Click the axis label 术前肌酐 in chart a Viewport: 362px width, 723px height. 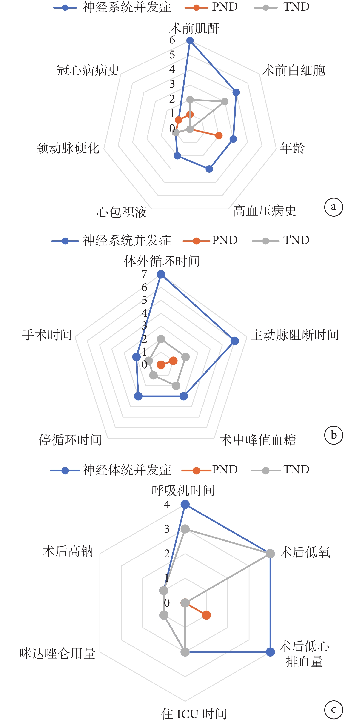tap(194, 29)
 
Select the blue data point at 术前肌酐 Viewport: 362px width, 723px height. tap(190, 41)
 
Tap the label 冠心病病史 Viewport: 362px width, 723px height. tap(88, 70)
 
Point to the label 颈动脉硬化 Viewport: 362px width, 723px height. tap(68, 148)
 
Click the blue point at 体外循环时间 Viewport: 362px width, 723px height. tap(161, 274)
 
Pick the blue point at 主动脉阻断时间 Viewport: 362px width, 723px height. tap(235, 341)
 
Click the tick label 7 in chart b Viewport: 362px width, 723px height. tap(144, 274)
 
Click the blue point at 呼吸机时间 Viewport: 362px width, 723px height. tap(185, 504)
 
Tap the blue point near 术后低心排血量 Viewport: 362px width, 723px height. tap(270, 652)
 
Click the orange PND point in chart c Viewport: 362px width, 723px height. tap(206, 615)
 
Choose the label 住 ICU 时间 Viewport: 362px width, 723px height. tap(194, 714)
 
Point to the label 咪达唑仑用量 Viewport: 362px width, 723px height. tap(57, 653)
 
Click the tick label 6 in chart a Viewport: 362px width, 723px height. tap(172, 40)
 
